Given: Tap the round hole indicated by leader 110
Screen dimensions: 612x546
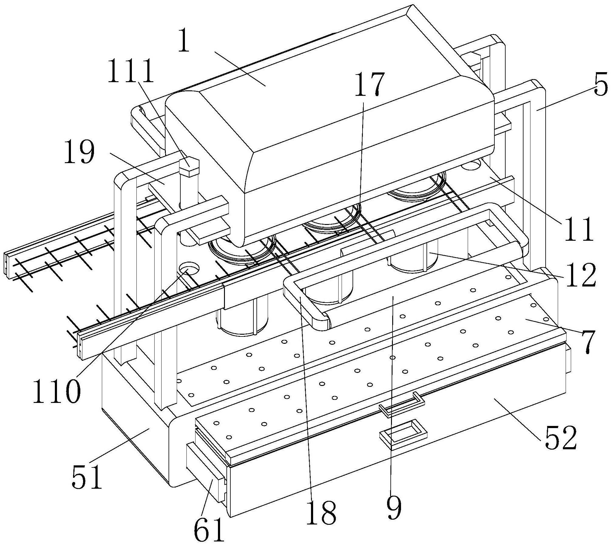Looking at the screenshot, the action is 189,268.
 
